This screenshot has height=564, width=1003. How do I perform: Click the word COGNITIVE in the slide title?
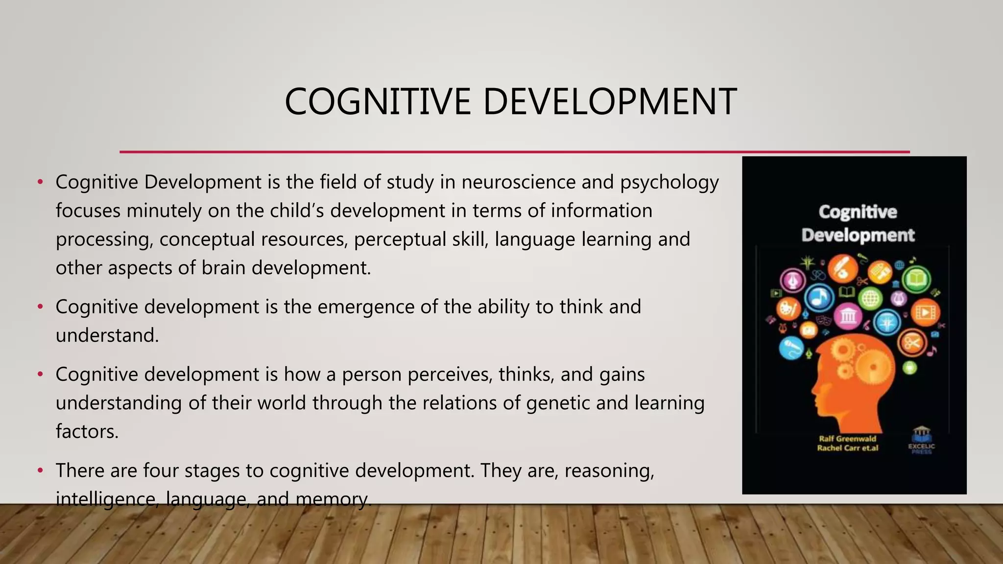(x=378, y=102)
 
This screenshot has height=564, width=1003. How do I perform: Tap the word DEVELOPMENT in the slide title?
(x=610, y=102)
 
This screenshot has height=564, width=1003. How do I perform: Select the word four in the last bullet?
(x=158, y=470)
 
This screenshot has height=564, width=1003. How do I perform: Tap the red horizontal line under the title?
(x=514, y=152)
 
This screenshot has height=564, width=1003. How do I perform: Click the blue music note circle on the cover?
(x=819, y=297)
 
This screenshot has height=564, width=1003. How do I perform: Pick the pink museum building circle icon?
(x=848, y=316)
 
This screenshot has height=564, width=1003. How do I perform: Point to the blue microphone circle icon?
(x=791, y=348)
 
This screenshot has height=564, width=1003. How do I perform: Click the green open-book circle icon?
(x=916, y=280)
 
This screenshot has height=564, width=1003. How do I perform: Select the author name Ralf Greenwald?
(x=847, y=439)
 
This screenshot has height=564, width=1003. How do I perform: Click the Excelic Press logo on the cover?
(x=921, y=440)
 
